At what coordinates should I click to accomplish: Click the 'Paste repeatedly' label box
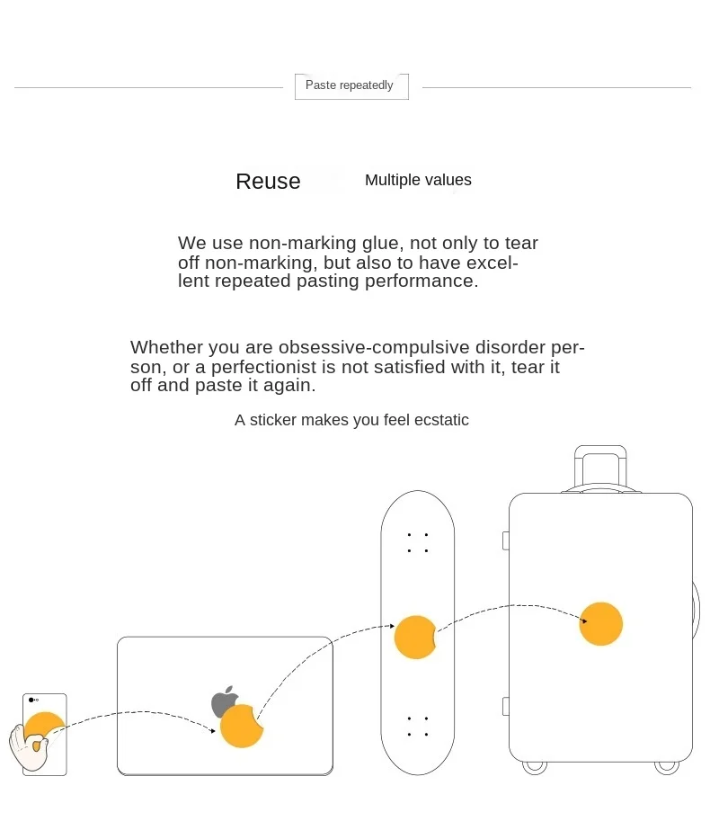click(351, 85)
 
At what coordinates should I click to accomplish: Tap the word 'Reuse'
click(268, 182)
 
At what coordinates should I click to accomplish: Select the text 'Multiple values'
click(418, 180)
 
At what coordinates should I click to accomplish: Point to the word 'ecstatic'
click(441, 420)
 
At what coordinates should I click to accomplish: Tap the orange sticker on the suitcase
click(600, 624)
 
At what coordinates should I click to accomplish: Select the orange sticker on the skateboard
click(414, 637)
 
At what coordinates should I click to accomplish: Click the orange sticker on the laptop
click(241, 727)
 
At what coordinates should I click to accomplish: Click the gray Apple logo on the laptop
click(224, 701)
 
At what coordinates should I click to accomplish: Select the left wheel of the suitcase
click(535, 766)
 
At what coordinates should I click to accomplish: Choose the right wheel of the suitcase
click(666, 766)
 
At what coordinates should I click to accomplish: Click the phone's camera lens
click(31, 699)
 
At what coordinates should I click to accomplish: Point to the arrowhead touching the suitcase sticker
click(583, 620)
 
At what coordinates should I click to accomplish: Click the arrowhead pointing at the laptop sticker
click(213, 731)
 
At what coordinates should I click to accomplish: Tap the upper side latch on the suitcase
click(505, 540)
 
